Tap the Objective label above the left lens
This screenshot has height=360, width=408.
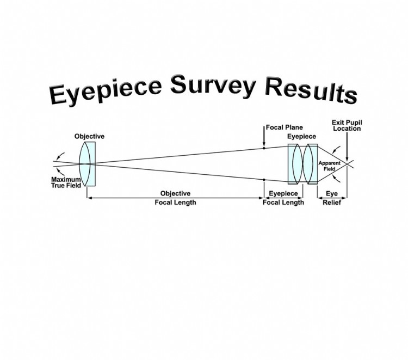(89, 136)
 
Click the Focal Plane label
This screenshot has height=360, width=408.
(284, 127)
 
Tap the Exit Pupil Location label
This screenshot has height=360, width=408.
(347, 126)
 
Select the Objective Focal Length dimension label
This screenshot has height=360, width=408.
(175, 198)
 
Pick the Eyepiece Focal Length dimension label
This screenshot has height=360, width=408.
(283, 198)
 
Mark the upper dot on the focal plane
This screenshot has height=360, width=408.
(264, 148)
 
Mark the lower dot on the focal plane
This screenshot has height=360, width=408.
(264, 179)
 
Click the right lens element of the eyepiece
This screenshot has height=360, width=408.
(311, 163)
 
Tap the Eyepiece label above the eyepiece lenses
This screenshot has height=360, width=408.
(301, 136)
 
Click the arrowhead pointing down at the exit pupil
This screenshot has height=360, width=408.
(347, 156)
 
